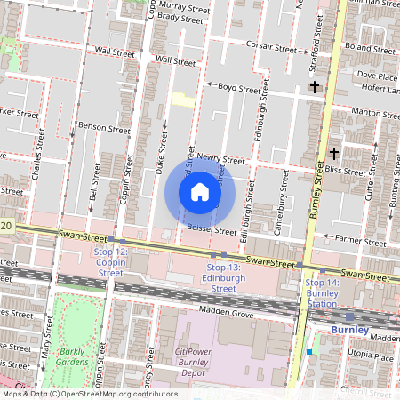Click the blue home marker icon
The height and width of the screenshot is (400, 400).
200,192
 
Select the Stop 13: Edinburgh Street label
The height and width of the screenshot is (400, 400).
223,277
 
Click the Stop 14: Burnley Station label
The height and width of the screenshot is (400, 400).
322,292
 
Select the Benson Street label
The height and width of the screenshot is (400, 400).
104,128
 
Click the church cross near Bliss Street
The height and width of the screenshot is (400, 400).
332,153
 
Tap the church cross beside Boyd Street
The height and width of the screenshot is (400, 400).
313,87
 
